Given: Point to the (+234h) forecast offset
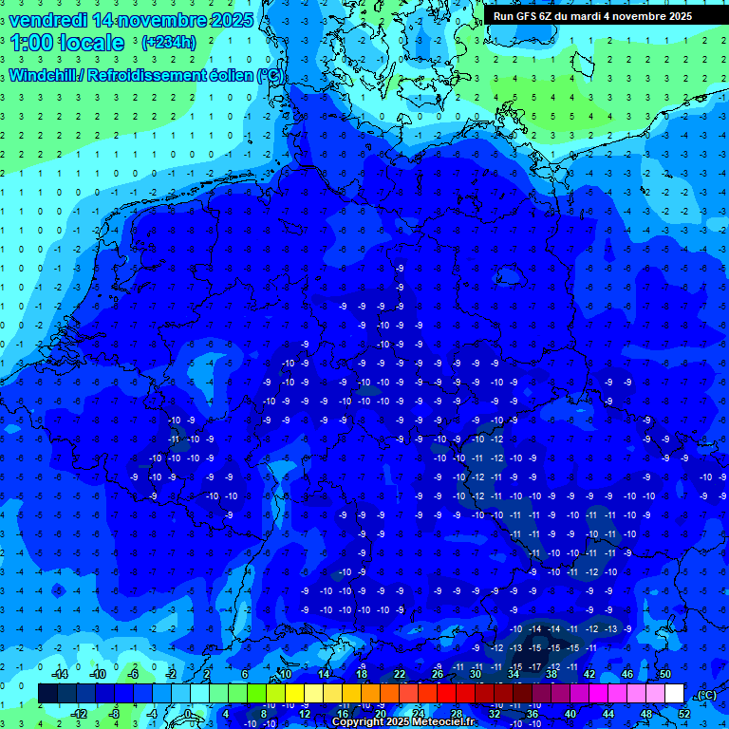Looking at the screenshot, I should [x=169, y=42].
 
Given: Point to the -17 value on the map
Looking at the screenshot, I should [x=534, y=667].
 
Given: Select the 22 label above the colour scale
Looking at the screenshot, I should [x=400, y=674].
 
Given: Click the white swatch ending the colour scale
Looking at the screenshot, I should [x=674, y=693].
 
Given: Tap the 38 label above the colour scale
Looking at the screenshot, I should [x=551, y=674].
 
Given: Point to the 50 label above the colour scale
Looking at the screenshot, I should [x=664, y=674].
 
